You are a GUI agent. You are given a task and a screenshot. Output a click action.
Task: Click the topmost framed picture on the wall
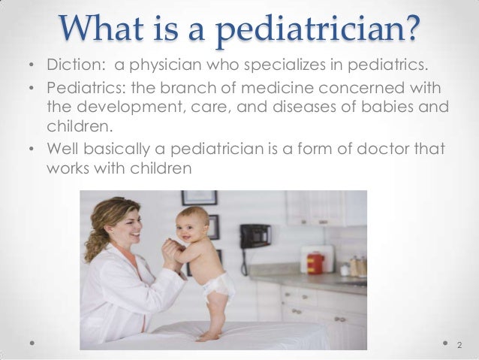click(199, 198)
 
